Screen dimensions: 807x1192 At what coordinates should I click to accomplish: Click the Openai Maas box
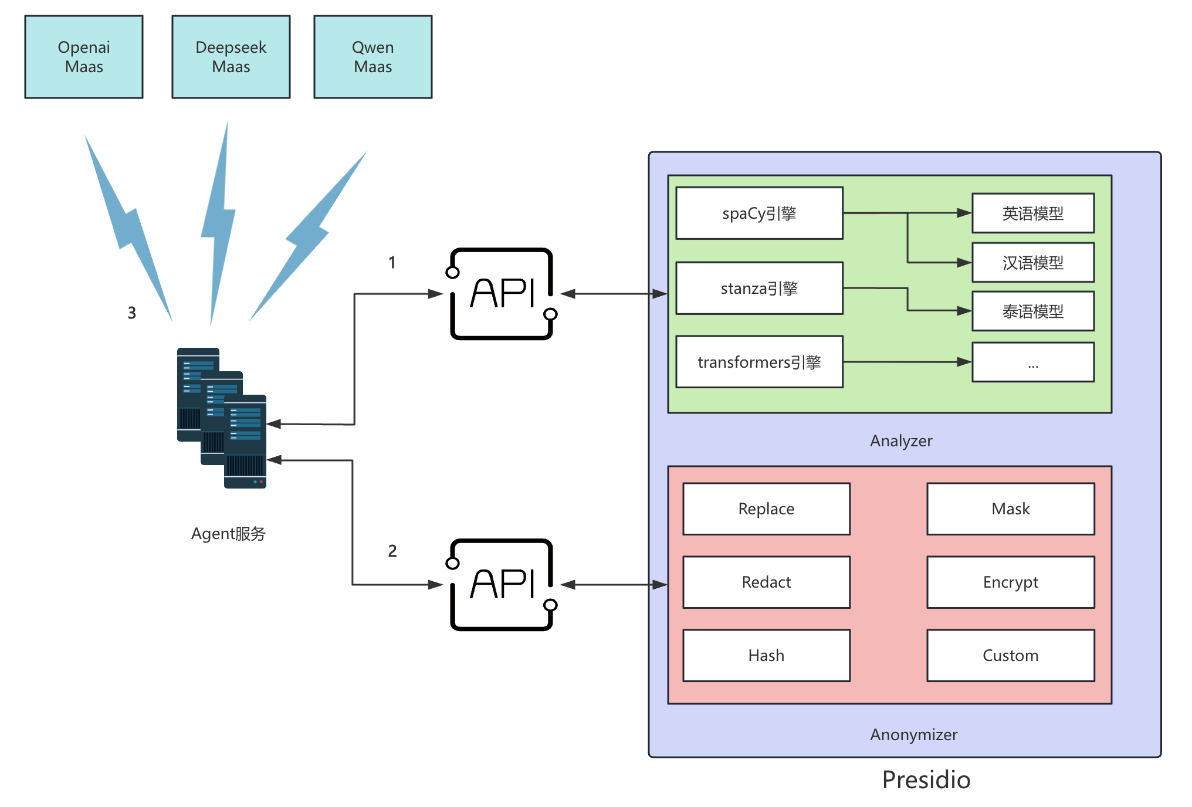coord(84,57)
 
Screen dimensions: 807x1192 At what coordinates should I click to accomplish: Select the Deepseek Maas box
coord(231,57)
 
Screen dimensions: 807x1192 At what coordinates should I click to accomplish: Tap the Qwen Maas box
coord(372,57)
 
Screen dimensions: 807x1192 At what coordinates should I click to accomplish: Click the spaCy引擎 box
coord(759,213)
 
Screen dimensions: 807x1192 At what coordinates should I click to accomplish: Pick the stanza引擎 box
coord(759,289)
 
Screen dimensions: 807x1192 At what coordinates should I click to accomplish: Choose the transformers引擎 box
coord(759,362)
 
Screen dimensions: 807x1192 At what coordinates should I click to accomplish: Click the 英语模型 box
coord(1032,213)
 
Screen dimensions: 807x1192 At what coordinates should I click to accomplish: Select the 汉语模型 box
coord(1032,263)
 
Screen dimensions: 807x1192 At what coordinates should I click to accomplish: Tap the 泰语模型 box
coord(1032,311)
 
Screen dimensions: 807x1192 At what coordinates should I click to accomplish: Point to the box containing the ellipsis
coord(1032,362)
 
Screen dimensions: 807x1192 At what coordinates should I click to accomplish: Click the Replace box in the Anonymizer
coord(766,509)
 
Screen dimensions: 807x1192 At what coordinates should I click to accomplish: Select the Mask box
coord(1010,509)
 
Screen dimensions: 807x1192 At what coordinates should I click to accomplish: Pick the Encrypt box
coord(1010,582)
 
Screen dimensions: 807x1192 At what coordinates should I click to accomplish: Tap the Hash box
coord(766,656)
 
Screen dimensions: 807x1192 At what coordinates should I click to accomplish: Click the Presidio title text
coord(926,780)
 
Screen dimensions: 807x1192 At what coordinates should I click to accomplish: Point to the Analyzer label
coord(901,441)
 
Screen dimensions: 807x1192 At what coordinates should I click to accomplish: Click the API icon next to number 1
coord(502,294)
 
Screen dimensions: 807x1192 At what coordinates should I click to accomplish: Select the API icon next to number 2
coord(502,585)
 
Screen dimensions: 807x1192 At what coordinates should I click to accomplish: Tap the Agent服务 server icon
coord(222,418)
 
